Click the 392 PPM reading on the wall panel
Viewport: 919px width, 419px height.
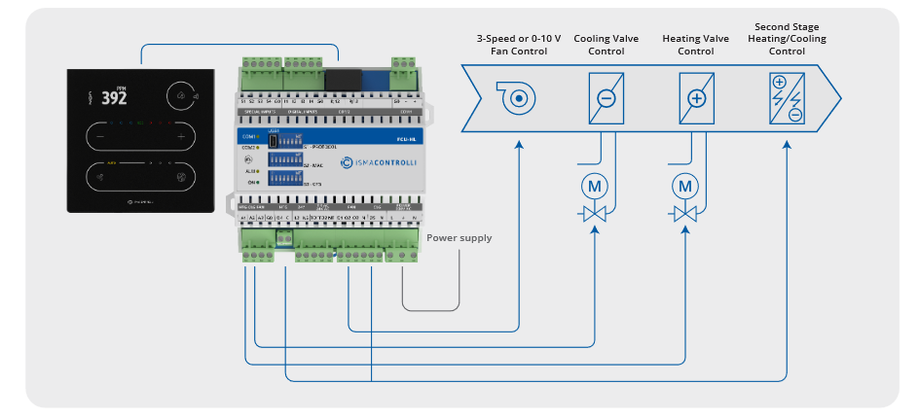[x=113, y=98]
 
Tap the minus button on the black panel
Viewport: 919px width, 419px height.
[x=99, y=137]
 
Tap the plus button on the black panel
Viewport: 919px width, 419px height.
[x=180, y=137]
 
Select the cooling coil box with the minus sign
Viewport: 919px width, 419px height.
[x=606, y=98]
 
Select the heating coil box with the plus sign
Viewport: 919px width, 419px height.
[x=695, y=98]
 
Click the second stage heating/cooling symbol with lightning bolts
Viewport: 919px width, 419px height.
[x=786, y=98]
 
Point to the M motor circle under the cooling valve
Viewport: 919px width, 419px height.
[x=594, y=185]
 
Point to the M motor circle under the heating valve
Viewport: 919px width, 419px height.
[x=686, y=185]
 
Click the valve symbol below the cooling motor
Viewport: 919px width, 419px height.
[x=594, y=212]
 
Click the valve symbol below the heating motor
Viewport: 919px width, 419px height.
[x=686, y=212]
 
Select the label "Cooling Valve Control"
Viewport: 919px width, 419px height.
[x=606, y=45]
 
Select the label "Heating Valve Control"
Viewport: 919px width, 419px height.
[x=695, y=45]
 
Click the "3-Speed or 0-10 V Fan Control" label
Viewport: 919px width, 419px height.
[x=512, y=45]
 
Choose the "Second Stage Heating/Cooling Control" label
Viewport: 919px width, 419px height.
[x=787, y=38]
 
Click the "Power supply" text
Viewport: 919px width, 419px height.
[x=459, y=238]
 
